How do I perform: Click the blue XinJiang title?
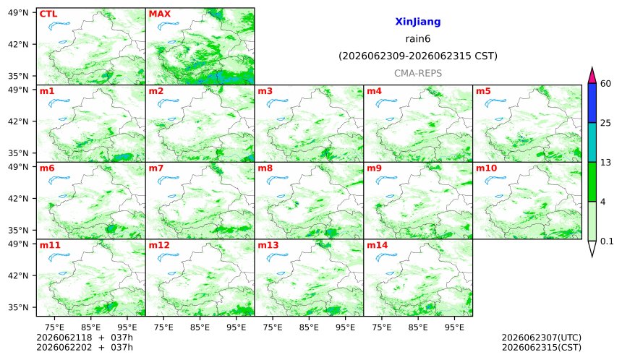pos(418,22)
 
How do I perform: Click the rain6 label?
pos(418,39)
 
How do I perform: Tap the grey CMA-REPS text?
pos(418,73)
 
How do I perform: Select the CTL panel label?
pos(48,14)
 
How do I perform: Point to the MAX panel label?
pos(159,14)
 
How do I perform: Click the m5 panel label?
pos(483,91)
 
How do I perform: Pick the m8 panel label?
pos(265,168)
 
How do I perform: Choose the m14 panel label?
pos(377,245)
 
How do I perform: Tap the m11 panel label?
pos(50,245)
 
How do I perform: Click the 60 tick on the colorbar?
pos(605,84)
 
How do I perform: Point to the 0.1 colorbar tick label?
pos(607,241)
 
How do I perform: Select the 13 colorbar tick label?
pos(605,163)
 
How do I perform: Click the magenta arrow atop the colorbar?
pos(592,76)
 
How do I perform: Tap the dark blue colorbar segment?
pos(592,103)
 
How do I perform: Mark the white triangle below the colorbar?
pos(592,248)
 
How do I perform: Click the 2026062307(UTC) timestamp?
pos(542,338)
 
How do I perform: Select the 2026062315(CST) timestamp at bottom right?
pos(542,348)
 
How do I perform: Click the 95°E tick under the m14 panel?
pos(454,327)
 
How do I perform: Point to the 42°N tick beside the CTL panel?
pos(18,44)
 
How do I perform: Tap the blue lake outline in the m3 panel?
pos(276,103)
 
